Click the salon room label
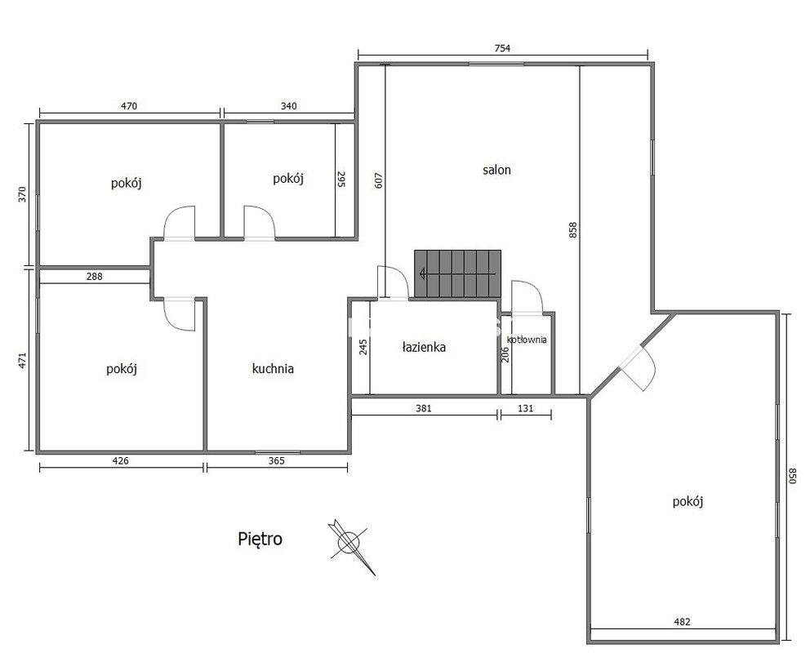coord(496,170)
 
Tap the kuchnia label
coord(273,369)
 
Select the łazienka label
coord(424,347)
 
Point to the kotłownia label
coord(527,340)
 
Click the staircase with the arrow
coord(458,273)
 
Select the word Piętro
coord(260,539)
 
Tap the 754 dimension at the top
coord(502,48)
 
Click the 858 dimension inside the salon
coord(572,229)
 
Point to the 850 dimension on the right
coord(793,476)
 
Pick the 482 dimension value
coord(682,622)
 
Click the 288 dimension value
coord(94,276)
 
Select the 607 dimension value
coord(379,180)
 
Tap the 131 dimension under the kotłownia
coord(525,408)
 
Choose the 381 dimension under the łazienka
coord(424,408)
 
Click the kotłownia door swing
coord(527,297)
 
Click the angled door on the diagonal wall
coord(639,367)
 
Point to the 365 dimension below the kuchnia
coord(276,461)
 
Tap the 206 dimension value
coord(505,354)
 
